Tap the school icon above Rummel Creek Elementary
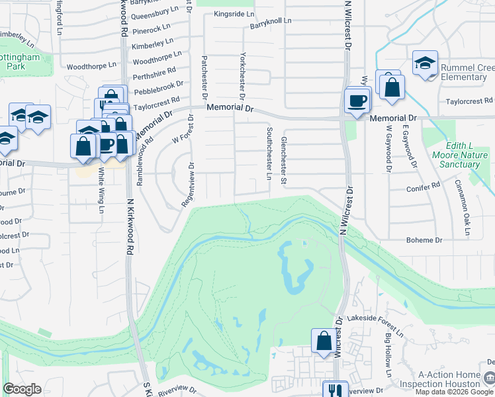tap(425, 64)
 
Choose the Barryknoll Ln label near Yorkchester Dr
tap(270, 22)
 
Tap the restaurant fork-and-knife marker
tap(335, 390)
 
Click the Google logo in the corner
tap(22, 389)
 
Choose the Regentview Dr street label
tap(189, 185)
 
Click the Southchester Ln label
tap(269, 153)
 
